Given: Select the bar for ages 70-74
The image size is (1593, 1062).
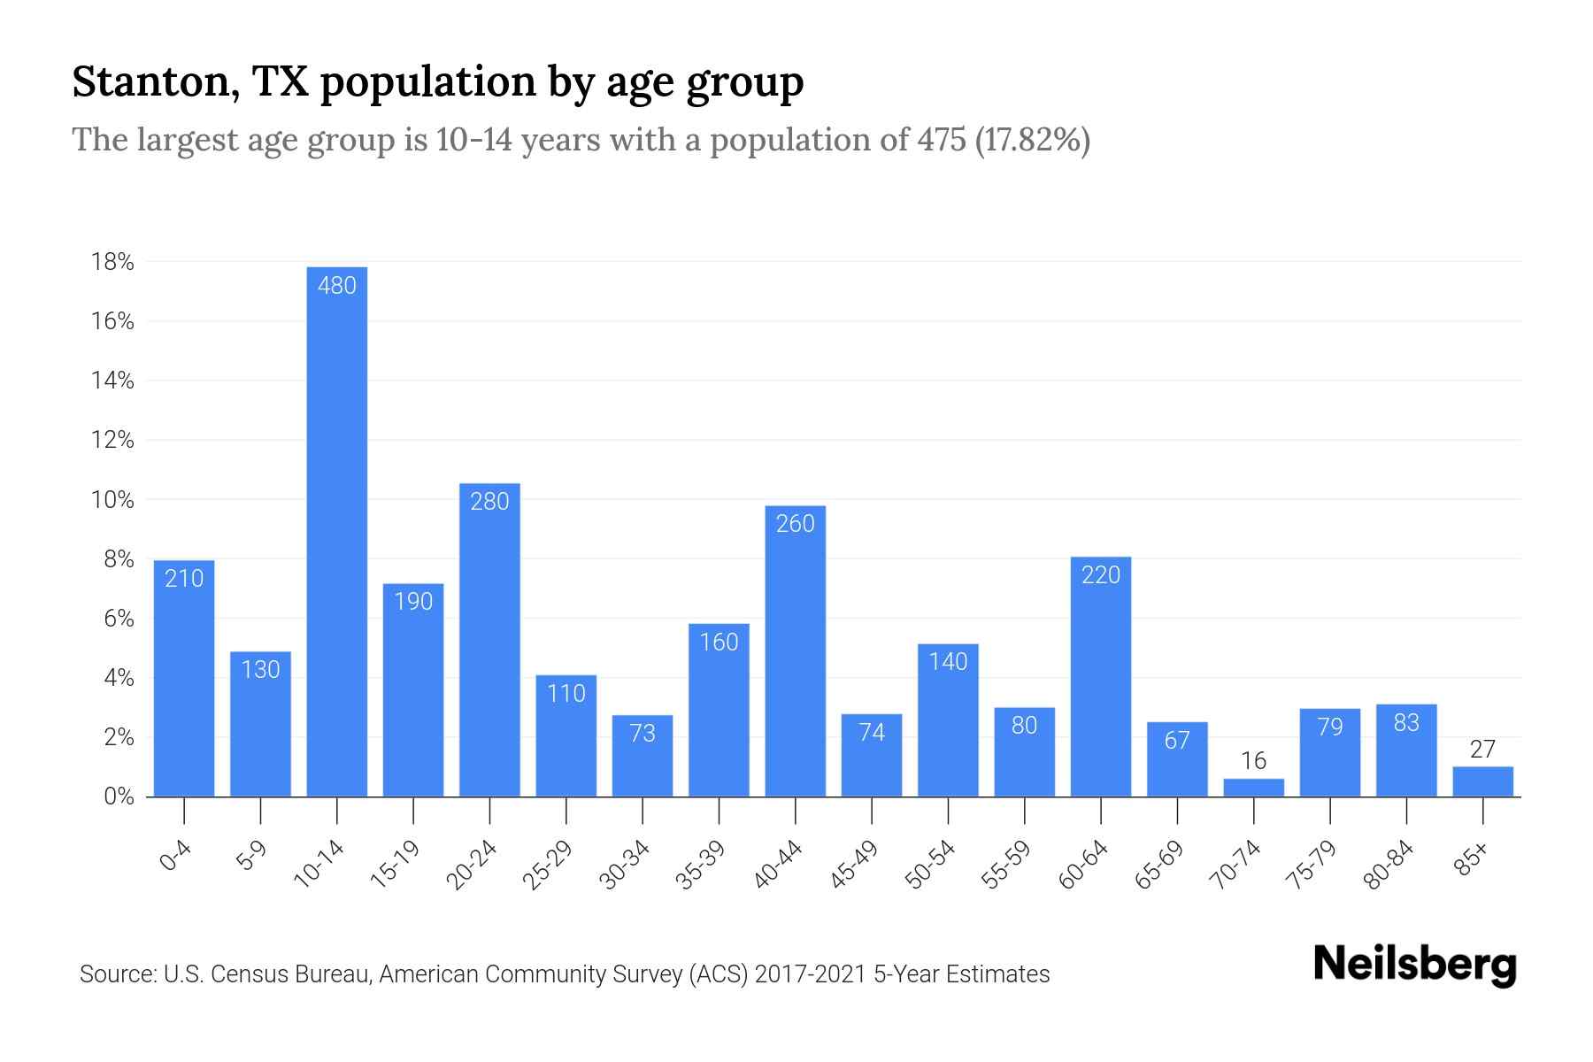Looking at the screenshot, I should click(x=1253, y=788).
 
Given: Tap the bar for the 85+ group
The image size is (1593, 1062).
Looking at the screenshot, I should click(x=1482, y=782).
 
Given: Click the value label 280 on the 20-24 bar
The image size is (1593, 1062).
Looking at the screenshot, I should click(x=489, y=502).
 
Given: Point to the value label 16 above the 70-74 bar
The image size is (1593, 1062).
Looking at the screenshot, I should click(x=1253, y=761).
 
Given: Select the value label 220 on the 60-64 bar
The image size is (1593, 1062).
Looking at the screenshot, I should click(x=1101, y=575).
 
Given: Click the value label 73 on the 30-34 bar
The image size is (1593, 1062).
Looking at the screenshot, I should click(x=643, y=734).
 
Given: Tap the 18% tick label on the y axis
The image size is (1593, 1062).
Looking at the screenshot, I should click(x=112, y=262).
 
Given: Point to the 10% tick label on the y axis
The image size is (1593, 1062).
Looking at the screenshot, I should click(x=112, y=500).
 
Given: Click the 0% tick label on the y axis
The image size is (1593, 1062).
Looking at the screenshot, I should click(x=118, y=796).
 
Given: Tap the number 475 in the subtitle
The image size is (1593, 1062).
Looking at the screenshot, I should click(x=942, y=140).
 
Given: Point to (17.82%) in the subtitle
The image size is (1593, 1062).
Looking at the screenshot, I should click(x=1032, y=140).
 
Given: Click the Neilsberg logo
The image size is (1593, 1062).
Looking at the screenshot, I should click(x=1414, y=965).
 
